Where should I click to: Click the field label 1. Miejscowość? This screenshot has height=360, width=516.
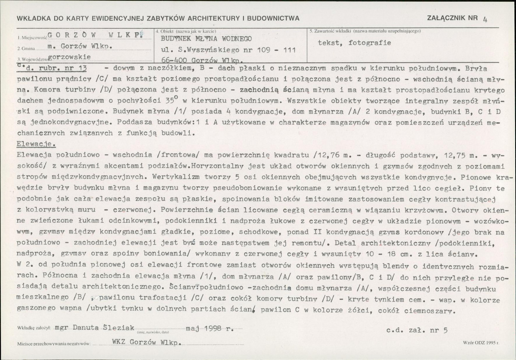pos(31,38)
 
